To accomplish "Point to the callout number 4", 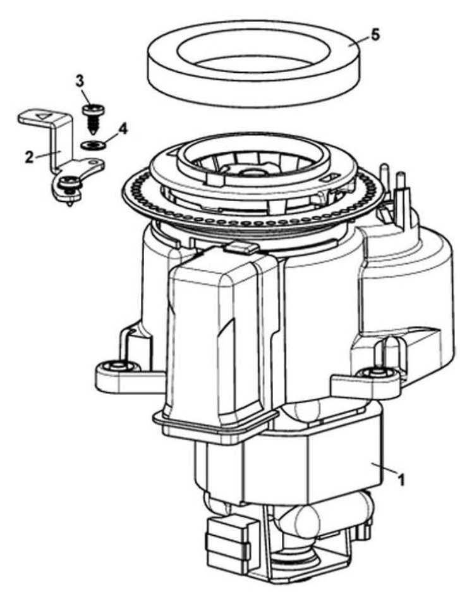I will pyautogui.click(x=123, y=129).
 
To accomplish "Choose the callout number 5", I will pyautogui.click(x=375, y=34).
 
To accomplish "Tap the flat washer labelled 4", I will pyautogui.click(x=92, y=145).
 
